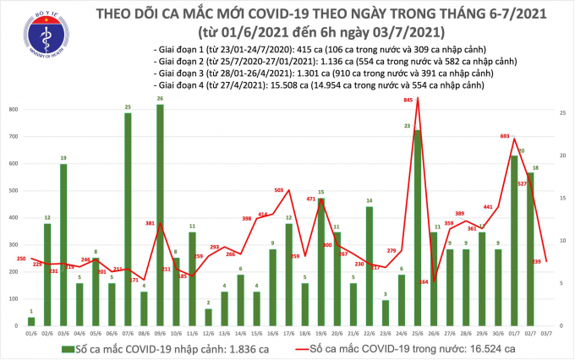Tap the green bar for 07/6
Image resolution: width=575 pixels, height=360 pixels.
click(128, 220)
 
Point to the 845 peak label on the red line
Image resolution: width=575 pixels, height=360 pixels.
click(409, 101)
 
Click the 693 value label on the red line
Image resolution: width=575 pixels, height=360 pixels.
click(506, 136)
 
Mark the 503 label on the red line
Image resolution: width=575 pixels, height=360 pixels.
click(279, 190)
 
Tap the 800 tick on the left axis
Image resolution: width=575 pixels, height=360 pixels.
click(14, 110)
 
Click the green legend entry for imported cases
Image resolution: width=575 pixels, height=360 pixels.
click(144, 348)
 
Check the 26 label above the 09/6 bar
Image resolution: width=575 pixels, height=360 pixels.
click(161, 99)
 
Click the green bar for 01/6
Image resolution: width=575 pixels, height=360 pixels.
click(31, 321)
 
